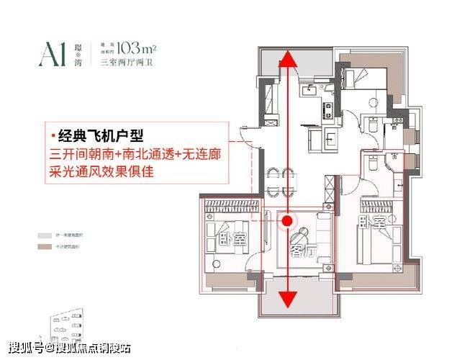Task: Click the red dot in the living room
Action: (x=288, y=221)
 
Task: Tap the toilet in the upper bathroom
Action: (x=371, y=126)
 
